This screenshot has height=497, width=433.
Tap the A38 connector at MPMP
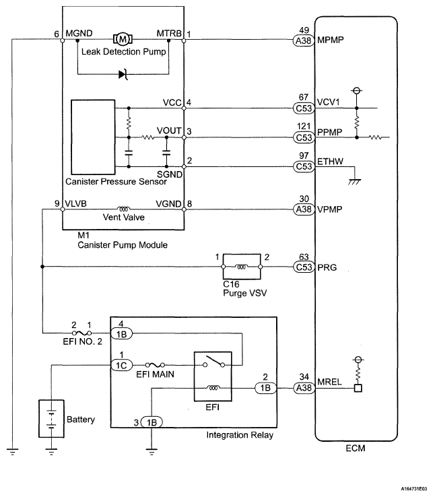pyautogui.click(x=303, y=40)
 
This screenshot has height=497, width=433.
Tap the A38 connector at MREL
pyautogui.click(x=303, y=389)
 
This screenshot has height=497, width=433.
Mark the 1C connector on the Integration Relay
pyautogui.click(x=121, y=366)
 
